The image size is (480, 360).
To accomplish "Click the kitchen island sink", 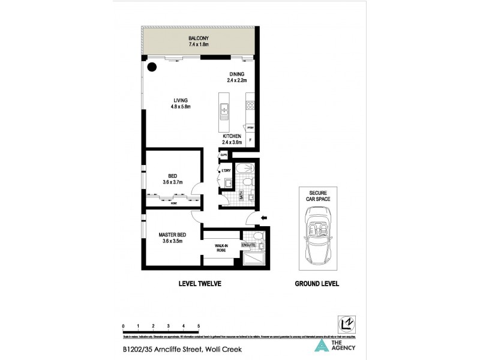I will coord(224,110).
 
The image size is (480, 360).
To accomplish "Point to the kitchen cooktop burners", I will coord(249,108).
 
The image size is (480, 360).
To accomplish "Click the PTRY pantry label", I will coord(249,128).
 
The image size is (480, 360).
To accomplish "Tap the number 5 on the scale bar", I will coord(198,326).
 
